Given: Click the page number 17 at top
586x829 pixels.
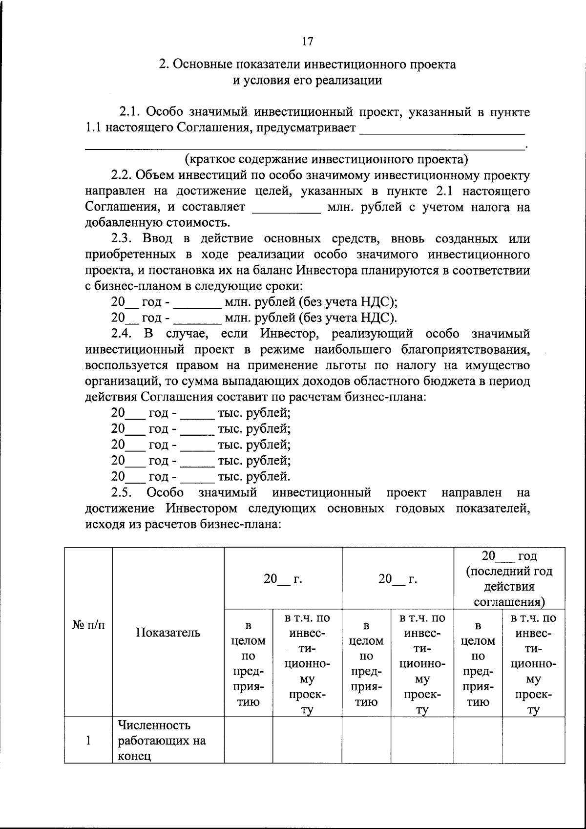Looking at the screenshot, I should pos(307,42).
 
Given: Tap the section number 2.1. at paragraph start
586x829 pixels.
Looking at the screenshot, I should pos(131,112).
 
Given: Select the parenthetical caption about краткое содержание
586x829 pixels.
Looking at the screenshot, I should pos(326,159).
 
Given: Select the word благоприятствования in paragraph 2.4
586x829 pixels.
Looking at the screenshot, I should pos(465,350).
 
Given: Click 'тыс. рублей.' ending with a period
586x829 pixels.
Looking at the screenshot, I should pos(254,476).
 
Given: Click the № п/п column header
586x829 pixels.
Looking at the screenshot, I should pos(88,625).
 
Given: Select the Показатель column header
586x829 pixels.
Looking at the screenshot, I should pos(168,633).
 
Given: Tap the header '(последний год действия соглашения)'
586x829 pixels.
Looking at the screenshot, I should pos(509,586).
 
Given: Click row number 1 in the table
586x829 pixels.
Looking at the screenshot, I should pos(88,741).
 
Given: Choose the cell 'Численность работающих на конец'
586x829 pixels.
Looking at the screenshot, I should pos(162,741).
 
